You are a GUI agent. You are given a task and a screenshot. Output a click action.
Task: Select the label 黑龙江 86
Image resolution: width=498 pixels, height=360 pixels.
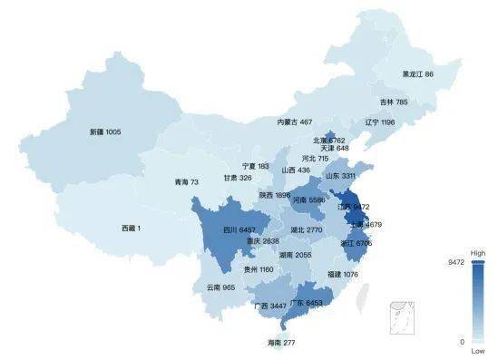coord(417,74)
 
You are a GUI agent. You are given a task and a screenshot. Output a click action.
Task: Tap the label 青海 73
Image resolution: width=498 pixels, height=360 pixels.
coord(186,182)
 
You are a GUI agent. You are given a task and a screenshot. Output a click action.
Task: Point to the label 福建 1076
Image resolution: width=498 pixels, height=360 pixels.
coord(342,274)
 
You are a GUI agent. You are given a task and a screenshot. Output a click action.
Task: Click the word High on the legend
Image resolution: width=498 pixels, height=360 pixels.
coord(477,254)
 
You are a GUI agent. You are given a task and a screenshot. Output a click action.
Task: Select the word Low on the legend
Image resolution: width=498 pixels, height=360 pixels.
coord(477,351)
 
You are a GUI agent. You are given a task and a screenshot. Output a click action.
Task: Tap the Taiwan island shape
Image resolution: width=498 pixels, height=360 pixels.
coord(366,292)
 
